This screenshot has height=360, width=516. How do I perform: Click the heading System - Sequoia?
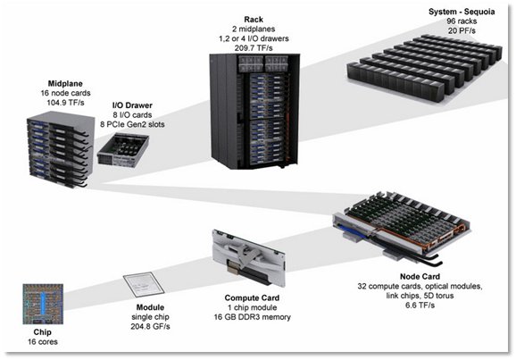pyautogui.click(x=462, y=12)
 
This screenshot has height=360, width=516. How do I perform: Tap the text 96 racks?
pyautogui.click(x=462, y=21)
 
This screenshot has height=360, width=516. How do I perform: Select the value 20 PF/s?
pyautogui.click(x=462, y=30)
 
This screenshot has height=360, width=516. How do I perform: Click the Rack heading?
pyautogui.click(x=254, y=20)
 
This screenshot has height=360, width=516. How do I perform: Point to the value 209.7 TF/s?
pyautogui.click(x=254, y=48)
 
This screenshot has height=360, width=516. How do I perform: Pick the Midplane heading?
pyautogui.click(x=65, y=84)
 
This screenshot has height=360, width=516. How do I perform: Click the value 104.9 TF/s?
pyautogui.click(x=65, y=103)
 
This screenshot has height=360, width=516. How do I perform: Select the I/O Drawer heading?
pyautogui.click(x=132, y=105)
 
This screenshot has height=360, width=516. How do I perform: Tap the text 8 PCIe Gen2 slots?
pyautogui.click(x=132, y=124)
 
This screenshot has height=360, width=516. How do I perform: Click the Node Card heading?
pyautogui.click(x=420, y=277)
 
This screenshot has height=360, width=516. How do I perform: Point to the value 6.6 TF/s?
pyautogui.click(x=420, y=306)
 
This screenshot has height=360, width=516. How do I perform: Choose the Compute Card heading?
pyautogui.click(x=252, y=298)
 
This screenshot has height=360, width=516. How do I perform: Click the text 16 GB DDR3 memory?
pyautogui.click(x=252, y=317)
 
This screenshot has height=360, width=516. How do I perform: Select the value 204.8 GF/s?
pyautogui.click(x=150, y=327)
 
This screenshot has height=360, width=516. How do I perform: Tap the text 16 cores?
pyautogui.click(x=43, y=342)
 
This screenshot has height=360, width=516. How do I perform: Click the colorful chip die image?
pyautogui.click(x=43, y=304)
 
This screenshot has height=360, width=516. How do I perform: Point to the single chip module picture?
pyautogui.click(x=144, y=285)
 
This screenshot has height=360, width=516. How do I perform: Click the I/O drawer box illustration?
pyautogui.click(x=122, y=151)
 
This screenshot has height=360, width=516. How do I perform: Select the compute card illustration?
pyautogui.click(x=249, y=258)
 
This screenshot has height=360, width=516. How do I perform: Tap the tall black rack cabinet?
pyautogui.click(x=254, y=111)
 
